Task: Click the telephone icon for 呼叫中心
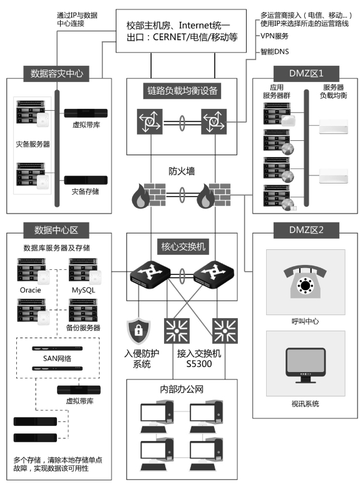[305, 281]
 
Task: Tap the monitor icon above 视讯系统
[306, 365]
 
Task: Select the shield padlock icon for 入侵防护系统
[138, 331]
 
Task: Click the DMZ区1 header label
[306, 73]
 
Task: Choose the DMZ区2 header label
[306, 230]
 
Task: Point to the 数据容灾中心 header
[56, 73]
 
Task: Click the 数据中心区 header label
[56, 230]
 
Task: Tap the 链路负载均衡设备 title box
[182, 91]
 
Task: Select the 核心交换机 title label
[183, 247]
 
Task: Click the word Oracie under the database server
[30, 290]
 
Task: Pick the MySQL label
[83, 290]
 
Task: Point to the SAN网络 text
[57, 358]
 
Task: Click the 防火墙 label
[182, 171]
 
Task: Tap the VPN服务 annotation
[274, 36]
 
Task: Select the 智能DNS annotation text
[274, 51]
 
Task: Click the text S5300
[199, 364]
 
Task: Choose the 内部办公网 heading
[182, 390]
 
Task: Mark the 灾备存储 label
[85, 192]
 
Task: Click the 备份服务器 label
[83, 328]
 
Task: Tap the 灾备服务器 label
[33, 144]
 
